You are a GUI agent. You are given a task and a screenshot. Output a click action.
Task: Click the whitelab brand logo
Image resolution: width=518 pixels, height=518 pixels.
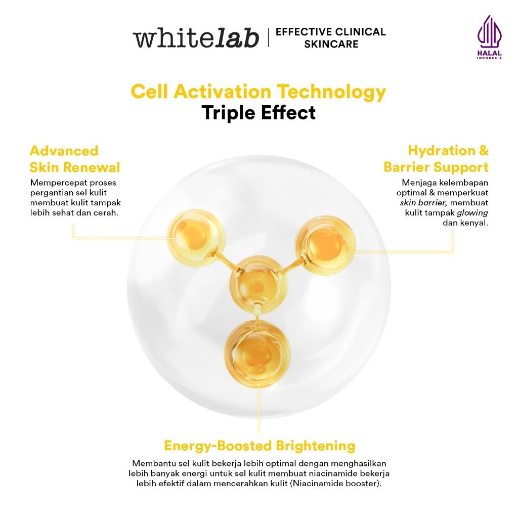(196, 38)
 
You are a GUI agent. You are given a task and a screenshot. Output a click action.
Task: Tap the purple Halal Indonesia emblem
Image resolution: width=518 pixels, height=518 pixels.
(489, 37)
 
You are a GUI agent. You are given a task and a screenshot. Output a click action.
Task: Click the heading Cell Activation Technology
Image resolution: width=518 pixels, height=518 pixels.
(258, 92)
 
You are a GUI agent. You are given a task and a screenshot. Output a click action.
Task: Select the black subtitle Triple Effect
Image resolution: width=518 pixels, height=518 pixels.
(258, 112)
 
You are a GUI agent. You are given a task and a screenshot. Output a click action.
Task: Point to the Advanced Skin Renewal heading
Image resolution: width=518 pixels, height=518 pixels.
(75, 159)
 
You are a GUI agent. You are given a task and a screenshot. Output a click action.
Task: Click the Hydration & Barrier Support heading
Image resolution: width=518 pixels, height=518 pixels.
(436, 159)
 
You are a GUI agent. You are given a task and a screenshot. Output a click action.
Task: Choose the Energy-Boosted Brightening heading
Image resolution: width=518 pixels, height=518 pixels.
(260, 446)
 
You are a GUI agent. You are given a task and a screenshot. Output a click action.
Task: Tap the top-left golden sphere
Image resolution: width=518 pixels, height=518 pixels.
(196, 237)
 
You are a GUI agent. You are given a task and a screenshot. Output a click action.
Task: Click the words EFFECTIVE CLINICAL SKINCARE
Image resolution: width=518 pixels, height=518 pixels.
(330, 38)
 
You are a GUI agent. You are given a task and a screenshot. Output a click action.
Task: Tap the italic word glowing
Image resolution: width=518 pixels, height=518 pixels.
(472, 212)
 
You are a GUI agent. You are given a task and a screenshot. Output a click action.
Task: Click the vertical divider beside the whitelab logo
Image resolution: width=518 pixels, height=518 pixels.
(268, 38)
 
